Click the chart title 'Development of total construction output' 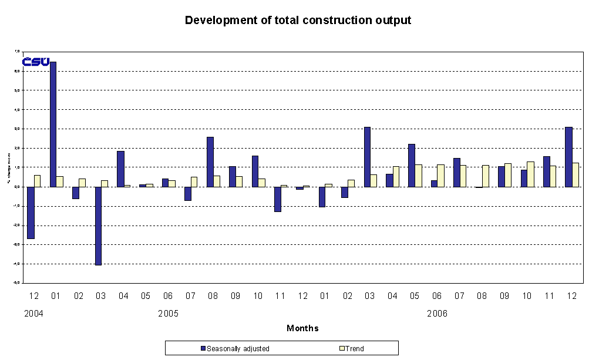coord(298,21)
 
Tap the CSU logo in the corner coord(35,62)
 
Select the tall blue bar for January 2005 coord(53,124)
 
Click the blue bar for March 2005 coord(98,226)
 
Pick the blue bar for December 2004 coord(31,213)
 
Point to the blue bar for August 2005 coord(210,162)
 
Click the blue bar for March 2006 coord(367,157)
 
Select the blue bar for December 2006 coord(568,157)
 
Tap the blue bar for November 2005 coord(277,199)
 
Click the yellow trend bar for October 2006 coord(530,174)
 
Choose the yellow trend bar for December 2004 coord(38,181)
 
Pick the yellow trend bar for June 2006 coord(440,176)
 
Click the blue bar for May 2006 coord(412,165)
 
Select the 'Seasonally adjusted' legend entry coord(235,348)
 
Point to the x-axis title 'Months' coord(302,328)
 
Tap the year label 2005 coord(169,314)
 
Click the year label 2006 coord(437,314)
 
